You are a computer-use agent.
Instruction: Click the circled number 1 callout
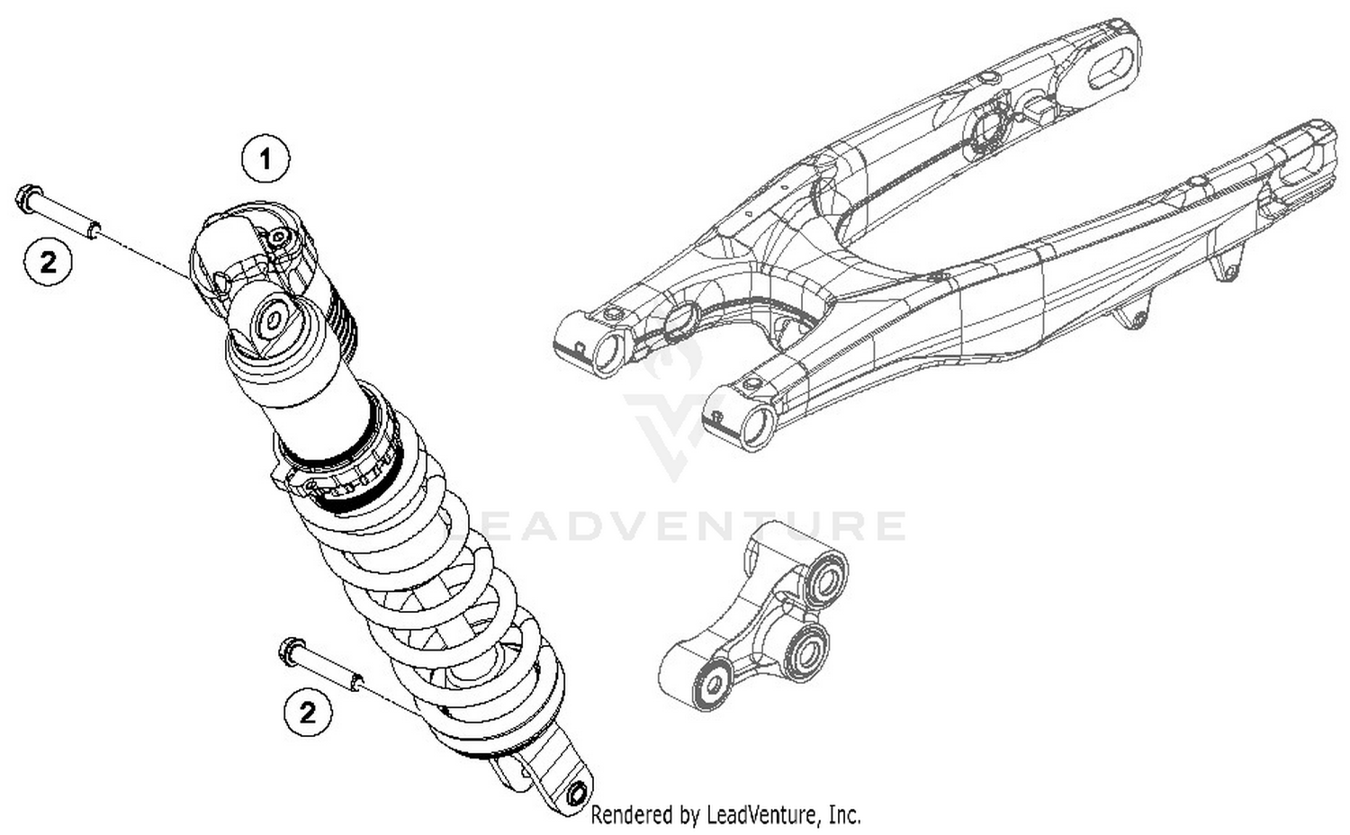265,160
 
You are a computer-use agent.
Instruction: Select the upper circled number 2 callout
48,262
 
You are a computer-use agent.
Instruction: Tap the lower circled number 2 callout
308,713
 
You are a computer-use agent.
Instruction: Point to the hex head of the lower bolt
292,650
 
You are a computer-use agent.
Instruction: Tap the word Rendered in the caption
629,815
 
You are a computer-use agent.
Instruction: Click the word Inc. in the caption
844,815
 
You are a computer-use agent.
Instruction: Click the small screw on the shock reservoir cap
279,237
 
